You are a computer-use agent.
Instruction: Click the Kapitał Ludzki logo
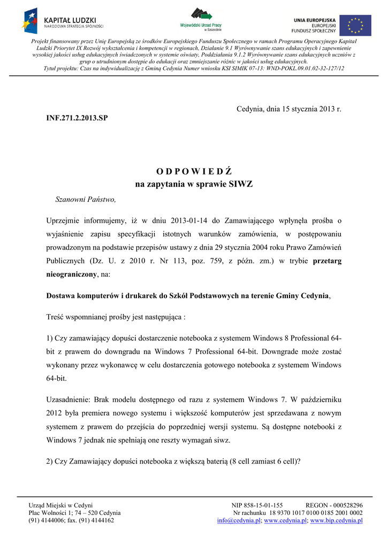[63, 21]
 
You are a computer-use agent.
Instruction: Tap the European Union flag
[355, 25]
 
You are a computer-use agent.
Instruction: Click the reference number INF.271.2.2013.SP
[77, 117]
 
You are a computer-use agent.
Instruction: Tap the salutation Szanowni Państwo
[86, 199]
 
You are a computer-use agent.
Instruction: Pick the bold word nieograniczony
[72, 275]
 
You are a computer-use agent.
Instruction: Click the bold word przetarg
[326, 261]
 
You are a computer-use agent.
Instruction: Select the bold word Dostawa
[63, 296]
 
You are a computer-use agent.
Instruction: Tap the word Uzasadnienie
[69, 399]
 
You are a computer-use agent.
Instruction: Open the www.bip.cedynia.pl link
[336, 520]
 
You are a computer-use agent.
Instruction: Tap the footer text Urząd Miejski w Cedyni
[60, 505]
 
